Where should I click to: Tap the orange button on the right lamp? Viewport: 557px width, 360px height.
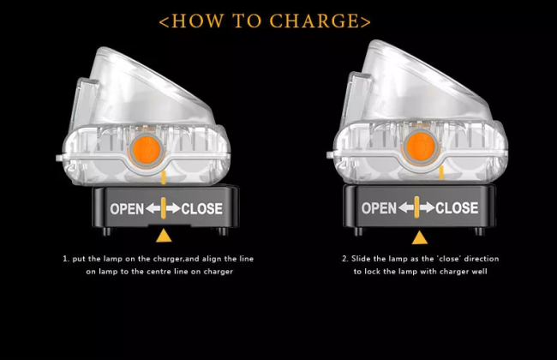(420, 145)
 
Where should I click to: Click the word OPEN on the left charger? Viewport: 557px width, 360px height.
(126, 208)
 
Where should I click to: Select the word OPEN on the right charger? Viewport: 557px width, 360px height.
(379, 208)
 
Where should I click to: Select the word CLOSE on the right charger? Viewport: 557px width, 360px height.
(457, 208)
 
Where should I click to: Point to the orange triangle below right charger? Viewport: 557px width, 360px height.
(419, 237)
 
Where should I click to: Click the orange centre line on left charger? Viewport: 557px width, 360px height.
(164, 208)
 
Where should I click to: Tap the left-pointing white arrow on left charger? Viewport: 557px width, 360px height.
(153, 208)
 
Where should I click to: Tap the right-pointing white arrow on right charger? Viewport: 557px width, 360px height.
(427, 208)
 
